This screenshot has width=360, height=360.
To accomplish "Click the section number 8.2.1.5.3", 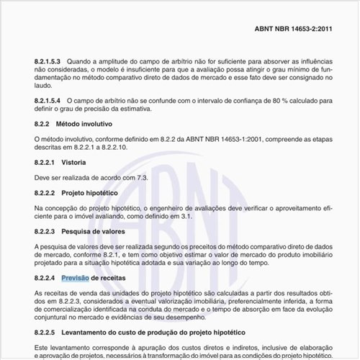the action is click(x=49, y=63).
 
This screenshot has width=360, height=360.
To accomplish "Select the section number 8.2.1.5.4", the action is click(x=49, y=101).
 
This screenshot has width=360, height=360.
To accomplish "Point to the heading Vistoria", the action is click(x=75, y=162).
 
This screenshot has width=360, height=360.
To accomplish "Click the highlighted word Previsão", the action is click(x=74, y=277).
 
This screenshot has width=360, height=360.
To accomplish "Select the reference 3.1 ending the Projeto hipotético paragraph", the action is click(x=185, y=216).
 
